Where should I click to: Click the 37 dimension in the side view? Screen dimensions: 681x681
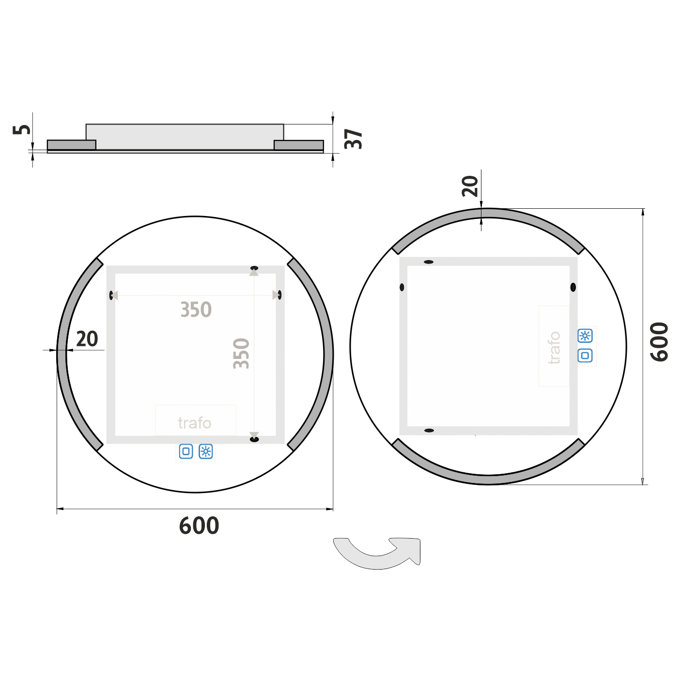pyautogui.click(x=353, y=139)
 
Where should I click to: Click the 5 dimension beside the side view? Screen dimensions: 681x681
pyautogui.click(x=22, y=129)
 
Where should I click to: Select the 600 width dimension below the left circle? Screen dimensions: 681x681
pyautogui.click(x=199, y=526)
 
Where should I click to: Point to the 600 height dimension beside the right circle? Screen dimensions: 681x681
pyautogui.click(x=659, y=342)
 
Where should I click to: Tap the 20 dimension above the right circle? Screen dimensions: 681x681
pyautogui.click(x=470, y=186)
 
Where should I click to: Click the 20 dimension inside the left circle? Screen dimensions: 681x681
pyautogui.click(x=87, y=339)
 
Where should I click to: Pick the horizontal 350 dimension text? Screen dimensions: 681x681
pyautogui.click(x=196, y=310)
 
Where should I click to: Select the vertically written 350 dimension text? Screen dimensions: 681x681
pyautogui.click(x=241, y=354)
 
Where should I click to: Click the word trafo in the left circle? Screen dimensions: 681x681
pyautogui.click(x=195, y=423)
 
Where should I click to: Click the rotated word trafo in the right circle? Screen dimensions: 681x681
pyautogui.click(x=555, y=348)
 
